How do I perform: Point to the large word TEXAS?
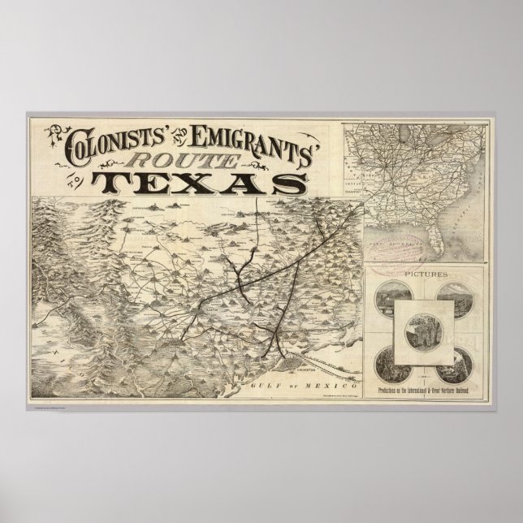195,182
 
